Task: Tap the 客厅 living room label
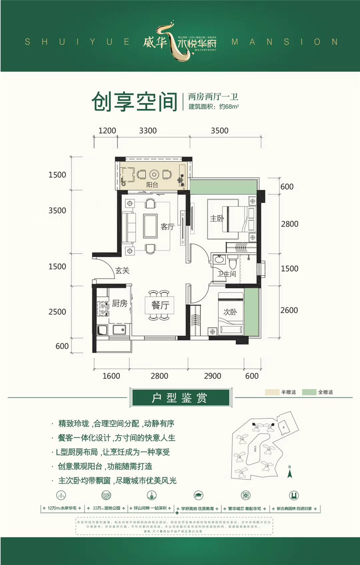point(167,227)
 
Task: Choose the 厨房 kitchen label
point(119,303)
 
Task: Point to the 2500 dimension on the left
point(58,312)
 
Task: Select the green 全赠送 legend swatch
point(309,392)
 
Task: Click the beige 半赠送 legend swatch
point(272,392)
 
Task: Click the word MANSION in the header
point(284,42)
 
